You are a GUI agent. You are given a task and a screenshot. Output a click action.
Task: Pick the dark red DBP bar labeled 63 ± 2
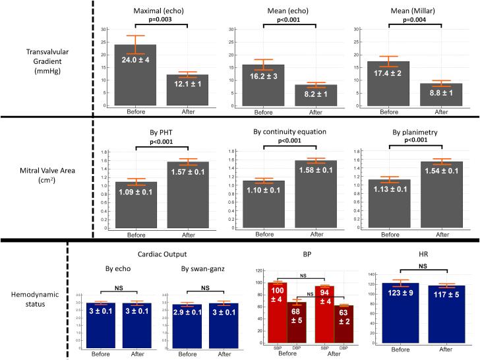click(x=343, y=324)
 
